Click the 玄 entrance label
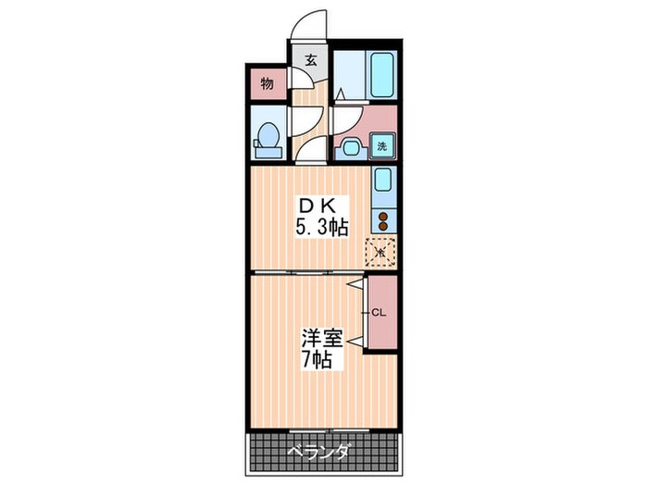click(x=311, y=62)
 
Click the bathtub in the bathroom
click(x=382, y=74)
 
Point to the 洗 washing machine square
click(x=383, y=145)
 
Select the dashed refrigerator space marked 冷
click(x=381, y=251)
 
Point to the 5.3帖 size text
click(x=321, y=226)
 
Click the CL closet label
click(x=379, y=313)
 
